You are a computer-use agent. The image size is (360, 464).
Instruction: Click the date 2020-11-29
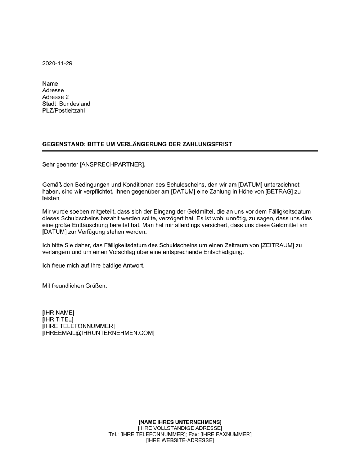tap(57, 63)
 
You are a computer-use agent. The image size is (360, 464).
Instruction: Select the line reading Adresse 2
tap(55, 97)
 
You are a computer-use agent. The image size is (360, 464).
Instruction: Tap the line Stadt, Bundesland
tap(66, 104)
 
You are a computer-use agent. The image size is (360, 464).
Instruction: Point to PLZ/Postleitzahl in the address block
tap(63, 110)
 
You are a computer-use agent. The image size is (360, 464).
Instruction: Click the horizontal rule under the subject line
tap(180, 151)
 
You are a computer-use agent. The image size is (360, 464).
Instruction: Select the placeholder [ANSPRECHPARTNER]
tap(112, 165)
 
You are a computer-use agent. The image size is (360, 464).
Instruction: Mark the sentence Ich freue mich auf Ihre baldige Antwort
tap(93, 266)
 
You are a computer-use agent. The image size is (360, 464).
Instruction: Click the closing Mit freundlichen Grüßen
tap(75, 286)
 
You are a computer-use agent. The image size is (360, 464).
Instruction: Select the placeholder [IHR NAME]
tap(58, 313)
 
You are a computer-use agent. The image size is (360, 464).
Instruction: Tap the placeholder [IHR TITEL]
tap(58, 319)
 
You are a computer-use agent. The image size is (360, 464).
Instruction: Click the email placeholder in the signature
tap(98, 333)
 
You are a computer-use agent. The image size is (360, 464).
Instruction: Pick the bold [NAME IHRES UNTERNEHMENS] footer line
tap(180, 422)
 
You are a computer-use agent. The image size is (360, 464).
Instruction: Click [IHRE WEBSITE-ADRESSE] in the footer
tap(180, 441)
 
